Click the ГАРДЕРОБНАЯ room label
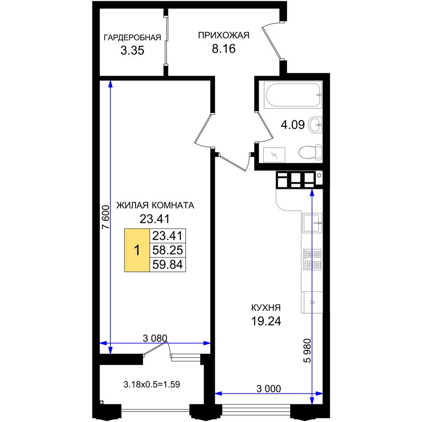click(x=132, y=38)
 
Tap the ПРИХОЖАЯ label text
click(x=224, y=35)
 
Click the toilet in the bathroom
click(x=310, y=153)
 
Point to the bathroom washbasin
click(x=315, y=125)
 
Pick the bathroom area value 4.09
click(x=292, y=125)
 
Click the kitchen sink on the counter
click(x=312, y=222)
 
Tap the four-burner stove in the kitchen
click(x=312, y=260)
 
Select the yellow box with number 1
click(x=137, y=250)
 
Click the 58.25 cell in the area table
click(x=168, y=250)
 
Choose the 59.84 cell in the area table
click(x=168, y=265)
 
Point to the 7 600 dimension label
click(x=106, y=217)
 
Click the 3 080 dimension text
click(x=155, y=338)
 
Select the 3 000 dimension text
click(x=268, y=389)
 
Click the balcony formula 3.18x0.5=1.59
click(x=152, y=384)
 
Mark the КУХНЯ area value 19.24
click(x=266, y=321)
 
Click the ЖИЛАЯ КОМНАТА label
click(x=155, y=206)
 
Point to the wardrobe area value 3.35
click(x=132, y=50)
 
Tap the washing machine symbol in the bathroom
click(x=274, y=155)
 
